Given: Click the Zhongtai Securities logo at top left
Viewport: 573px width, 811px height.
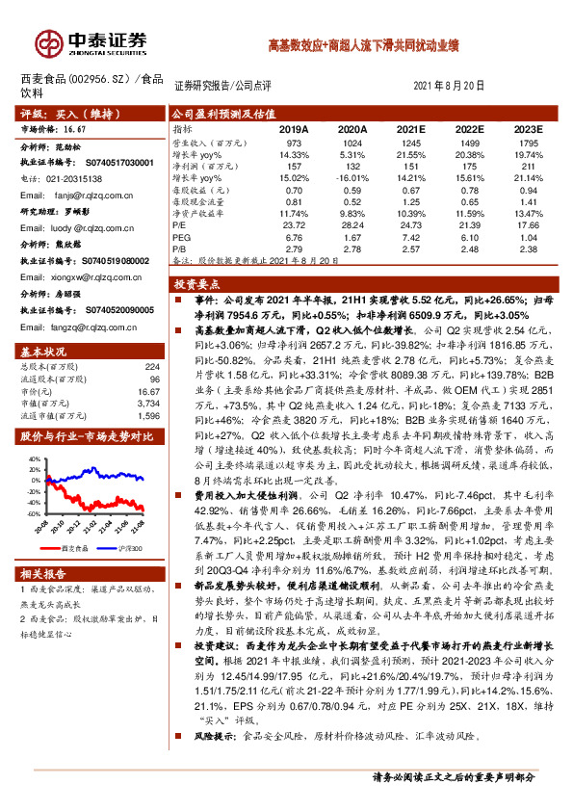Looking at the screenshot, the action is (92, 43).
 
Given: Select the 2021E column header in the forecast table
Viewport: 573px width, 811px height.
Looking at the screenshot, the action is (410, 128).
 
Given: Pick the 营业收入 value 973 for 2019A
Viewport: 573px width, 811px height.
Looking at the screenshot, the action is (294, 143).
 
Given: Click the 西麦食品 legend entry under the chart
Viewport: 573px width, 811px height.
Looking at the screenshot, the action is (75, 545).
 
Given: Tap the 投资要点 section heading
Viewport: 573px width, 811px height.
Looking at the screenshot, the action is (196, 285).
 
